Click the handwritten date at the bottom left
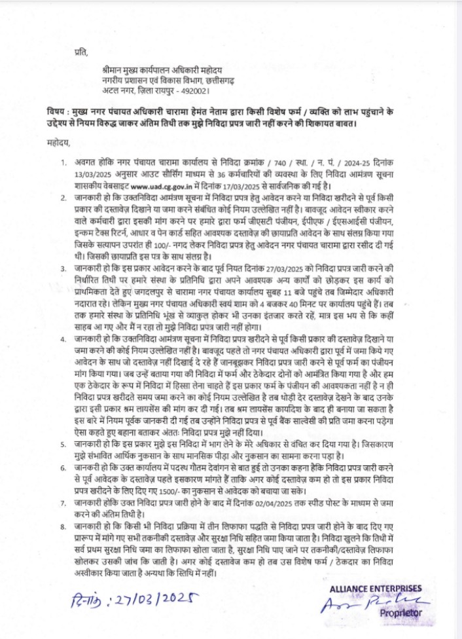(128, 602)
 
